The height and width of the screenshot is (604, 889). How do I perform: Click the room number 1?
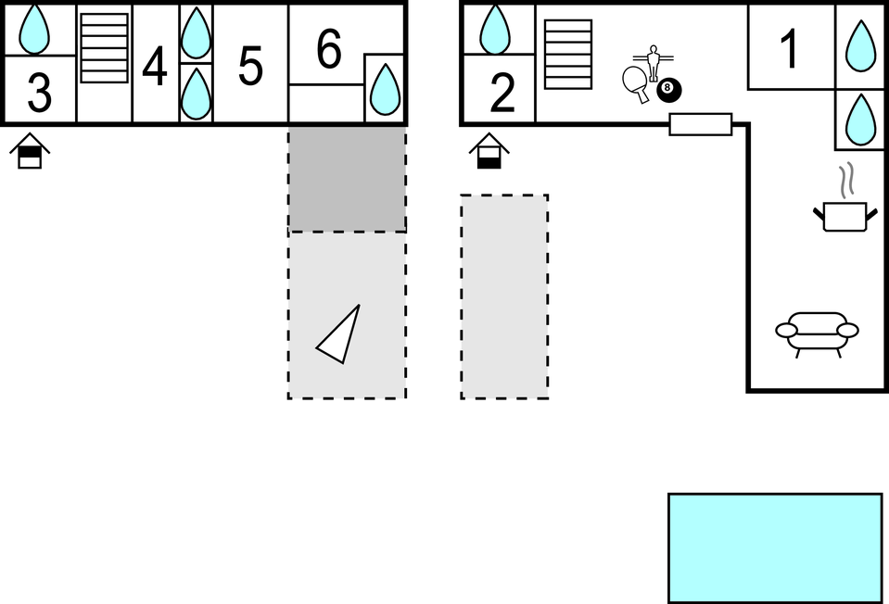pyautogui.click(x=789, y=49)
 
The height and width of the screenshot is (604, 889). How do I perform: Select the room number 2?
pyautogui.click(x=502, y=93)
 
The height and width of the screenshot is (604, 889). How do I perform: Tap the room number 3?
pyautogui.click(x=40, y=93)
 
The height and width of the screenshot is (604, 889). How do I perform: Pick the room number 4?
pyautogui.click(x=155, y=67)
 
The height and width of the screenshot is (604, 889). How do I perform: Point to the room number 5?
pyautogui.click(x=250, y=67)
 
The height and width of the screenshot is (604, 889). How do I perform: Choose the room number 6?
pyautogui.click(x=329, y=49)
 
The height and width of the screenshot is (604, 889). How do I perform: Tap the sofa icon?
pyautogui.click(x=817, y=334)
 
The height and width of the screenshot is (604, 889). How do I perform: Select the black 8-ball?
pyautogui.click(x=669, y=90)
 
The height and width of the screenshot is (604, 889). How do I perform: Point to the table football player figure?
pyautogui.click(x=654, y=61)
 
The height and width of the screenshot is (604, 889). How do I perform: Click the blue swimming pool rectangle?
pyautogui.click(x=775, y=547)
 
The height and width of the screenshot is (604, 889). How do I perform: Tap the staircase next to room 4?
pyautogui.click(x=105, y=48)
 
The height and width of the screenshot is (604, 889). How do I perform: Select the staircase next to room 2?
pyautogui.click(x=568, y=55)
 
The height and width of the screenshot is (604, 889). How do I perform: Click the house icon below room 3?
pyautogui.click(x=30, y=151)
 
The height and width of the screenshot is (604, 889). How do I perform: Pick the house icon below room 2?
pyautogui.click(x=489, y=151)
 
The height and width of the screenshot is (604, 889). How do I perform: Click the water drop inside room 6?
pyautogui.click(x=385, y=89)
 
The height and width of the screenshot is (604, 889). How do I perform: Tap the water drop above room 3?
pyautogui.click(x=34, y=29)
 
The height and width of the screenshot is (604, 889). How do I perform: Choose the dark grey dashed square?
pyautogui.click(x=347, y=179)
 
